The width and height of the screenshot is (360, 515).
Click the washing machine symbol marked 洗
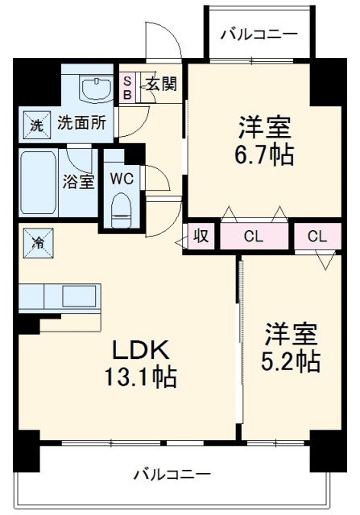(35, 125)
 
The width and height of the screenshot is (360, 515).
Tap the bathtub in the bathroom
(41, 181)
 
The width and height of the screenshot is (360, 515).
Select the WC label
(123, 178)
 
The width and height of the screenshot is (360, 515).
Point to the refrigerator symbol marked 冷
(38, 241)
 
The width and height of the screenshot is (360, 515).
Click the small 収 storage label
(202, 237)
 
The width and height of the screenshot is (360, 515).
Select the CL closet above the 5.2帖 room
(317, 237)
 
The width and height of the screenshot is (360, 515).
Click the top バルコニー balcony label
(259, 34)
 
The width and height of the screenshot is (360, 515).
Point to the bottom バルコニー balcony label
(172, 473)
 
